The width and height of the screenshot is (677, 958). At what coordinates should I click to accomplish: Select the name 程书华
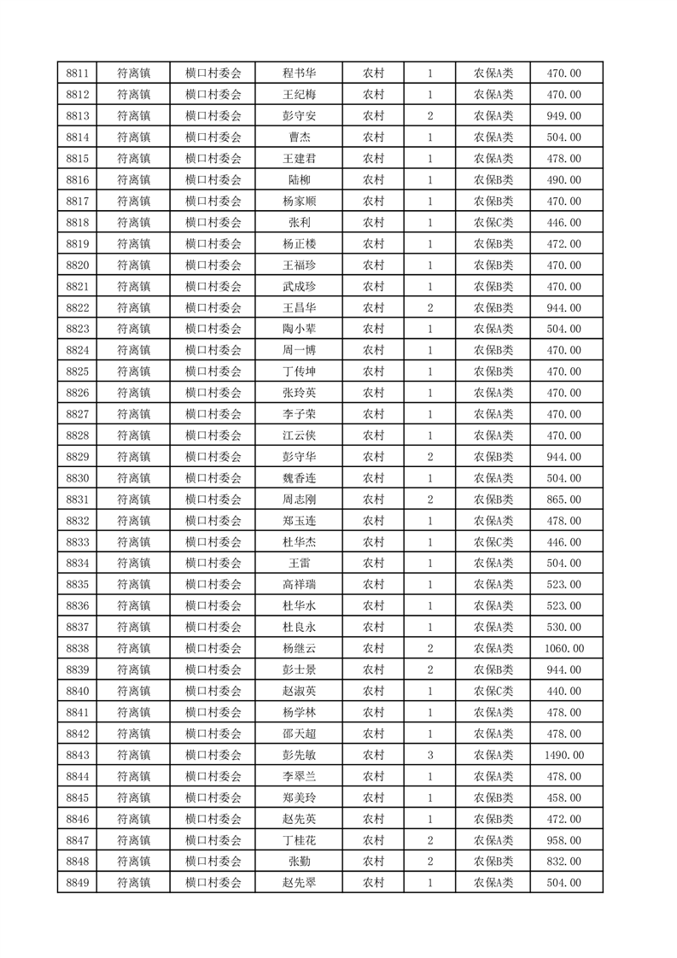[x=299, y=73]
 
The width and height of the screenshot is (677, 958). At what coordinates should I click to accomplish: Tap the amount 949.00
[x=563, y=116]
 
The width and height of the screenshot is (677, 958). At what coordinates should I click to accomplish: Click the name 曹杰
[x=299, y=137]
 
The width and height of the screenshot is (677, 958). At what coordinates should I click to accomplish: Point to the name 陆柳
[x=299, y=180]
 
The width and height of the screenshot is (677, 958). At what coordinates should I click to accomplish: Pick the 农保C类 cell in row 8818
[x=493, y=223]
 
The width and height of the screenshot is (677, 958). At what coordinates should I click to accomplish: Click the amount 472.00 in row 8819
[x=563, y=244]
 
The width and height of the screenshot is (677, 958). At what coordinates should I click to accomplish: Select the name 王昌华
[x=299, y=307]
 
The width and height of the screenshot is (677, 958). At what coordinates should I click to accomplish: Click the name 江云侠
[x=299, y=435]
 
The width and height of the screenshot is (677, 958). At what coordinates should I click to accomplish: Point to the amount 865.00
[x=563, y=499]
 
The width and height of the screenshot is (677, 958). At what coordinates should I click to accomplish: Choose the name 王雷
[x=299, y=564]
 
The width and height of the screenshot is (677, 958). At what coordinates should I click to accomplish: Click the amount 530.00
[x=563, y=628]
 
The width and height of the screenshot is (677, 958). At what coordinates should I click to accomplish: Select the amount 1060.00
[x=563, y=649]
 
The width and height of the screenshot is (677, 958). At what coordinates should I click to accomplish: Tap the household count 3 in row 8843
[x=429, y=755]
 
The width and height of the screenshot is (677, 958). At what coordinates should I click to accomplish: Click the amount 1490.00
[x=563, y=755]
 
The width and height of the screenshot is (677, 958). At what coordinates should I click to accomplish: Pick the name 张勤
[x=299, y=862]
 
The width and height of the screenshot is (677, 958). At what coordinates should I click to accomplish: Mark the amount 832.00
[x=563, y=862]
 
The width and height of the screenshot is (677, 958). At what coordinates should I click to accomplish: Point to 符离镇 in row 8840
[x=133, y=692]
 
